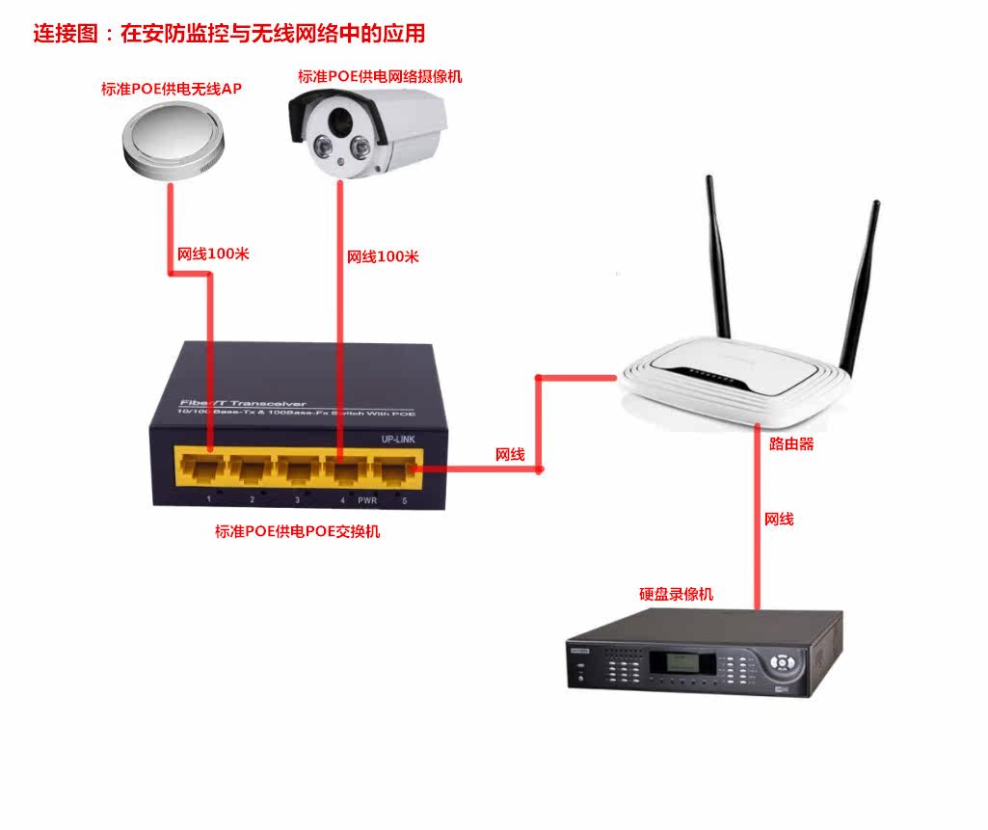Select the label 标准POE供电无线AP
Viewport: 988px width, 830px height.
tap(172, 90)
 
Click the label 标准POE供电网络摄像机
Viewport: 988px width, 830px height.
tap(380, 77)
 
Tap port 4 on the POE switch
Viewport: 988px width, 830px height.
tap(343, 469)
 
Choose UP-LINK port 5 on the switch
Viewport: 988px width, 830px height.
tap(392, 469)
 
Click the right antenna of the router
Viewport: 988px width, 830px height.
tap(861, 284)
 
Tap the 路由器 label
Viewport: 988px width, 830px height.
tap(791, 444)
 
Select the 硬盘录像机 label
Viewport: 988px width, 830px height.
tap(677, 594)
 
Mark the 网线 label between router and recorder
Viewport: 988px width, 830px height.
tap(779, 519)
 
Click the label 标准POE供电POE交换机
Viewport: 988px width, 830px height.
tap(297, 531)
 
